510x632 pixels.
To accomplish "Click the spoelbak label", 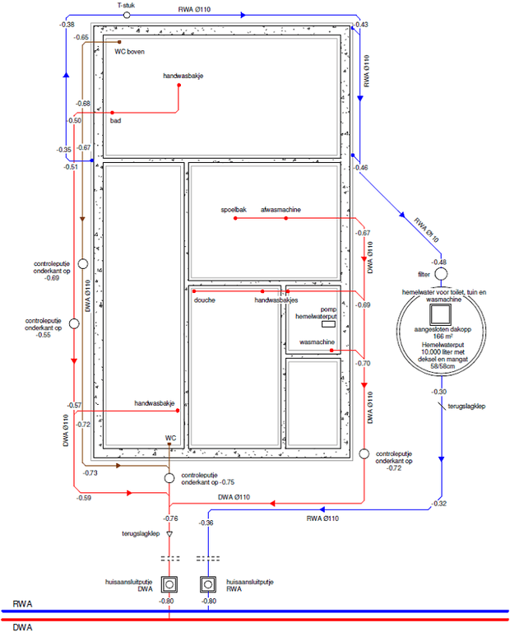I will point(234,210).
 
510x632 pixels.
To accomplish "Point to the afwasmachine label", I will point(280,210).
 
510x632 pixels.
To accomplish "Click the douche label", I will point(204,300).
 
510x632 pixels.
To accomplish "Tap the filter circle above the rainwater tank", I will point(441,274).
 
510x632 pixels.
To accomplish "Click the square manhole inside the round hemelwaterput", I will point(442,314).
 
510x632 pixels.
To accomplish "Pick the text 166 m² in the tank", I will point(441,337).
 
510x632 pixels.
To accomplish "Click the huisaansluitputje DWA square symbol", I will point(169,585).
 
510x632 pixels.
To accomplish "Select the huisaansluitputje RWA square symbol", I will point(208,585).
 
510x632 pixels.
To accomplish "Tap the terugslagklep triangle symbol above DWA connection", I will point(169,534).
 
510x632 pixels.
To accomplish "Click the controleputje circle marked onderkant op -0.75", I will point(169,478).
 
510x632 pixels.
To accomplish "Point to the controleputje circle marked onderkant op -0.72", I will point(364,453).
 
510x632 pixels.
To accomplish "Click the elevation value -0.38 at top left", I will point(67,25).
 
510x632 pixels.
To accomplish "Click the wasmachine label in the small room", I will point(316,342).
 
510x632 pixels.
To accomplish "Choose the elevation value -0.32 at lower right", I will point(438,503).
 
